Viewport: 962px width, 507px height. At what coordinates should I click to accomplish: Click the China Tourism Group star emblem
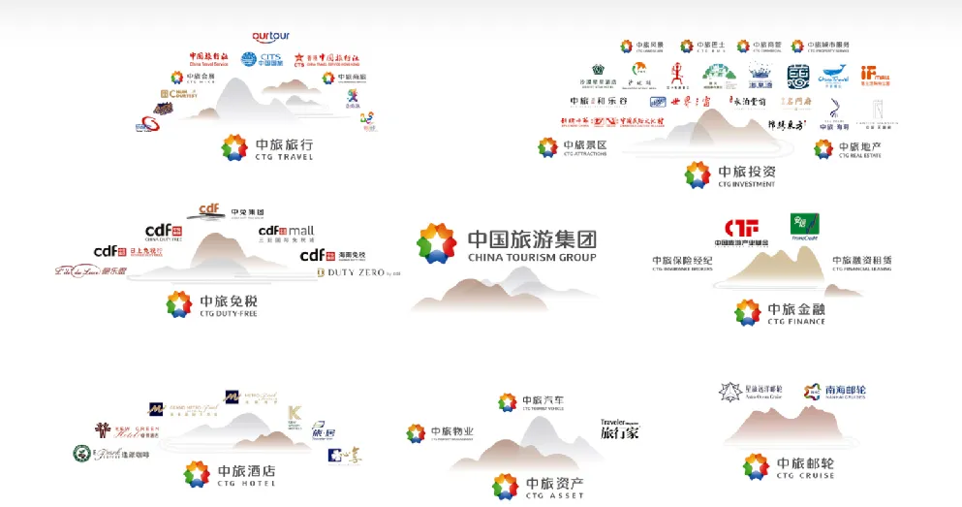tap(436, 243)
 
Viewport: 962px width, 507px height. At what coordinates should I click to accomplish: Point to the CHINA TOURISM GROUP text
tap(532, 258)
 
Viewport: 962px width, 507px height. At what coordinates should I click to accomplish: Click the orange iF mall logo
tap(874, 76)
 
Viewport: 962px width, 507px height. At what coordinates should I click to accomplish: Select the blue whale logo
tap(832, 76)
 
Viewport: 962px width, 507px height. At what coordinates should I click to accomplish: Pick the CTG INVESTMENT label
tap(745, 183)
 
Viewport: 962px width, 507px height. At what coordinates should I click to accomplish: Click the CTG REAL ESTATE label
tap(859, 155)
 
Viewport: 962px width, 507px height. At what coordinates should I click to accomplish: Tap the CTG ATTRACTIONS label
tap(584, 154)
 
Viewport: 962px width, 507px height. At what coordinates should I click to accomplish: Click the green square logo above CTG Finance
tap(804, 225)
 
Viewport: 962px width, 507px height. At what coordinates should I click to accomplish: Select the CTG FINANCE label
tap(795, 321)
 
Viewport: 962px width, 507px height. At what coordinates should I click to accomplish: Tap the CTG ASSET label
tap(554, 495)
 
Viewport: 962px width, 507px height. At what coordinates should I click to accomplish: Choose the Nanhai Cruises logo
tap(834, 392)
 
